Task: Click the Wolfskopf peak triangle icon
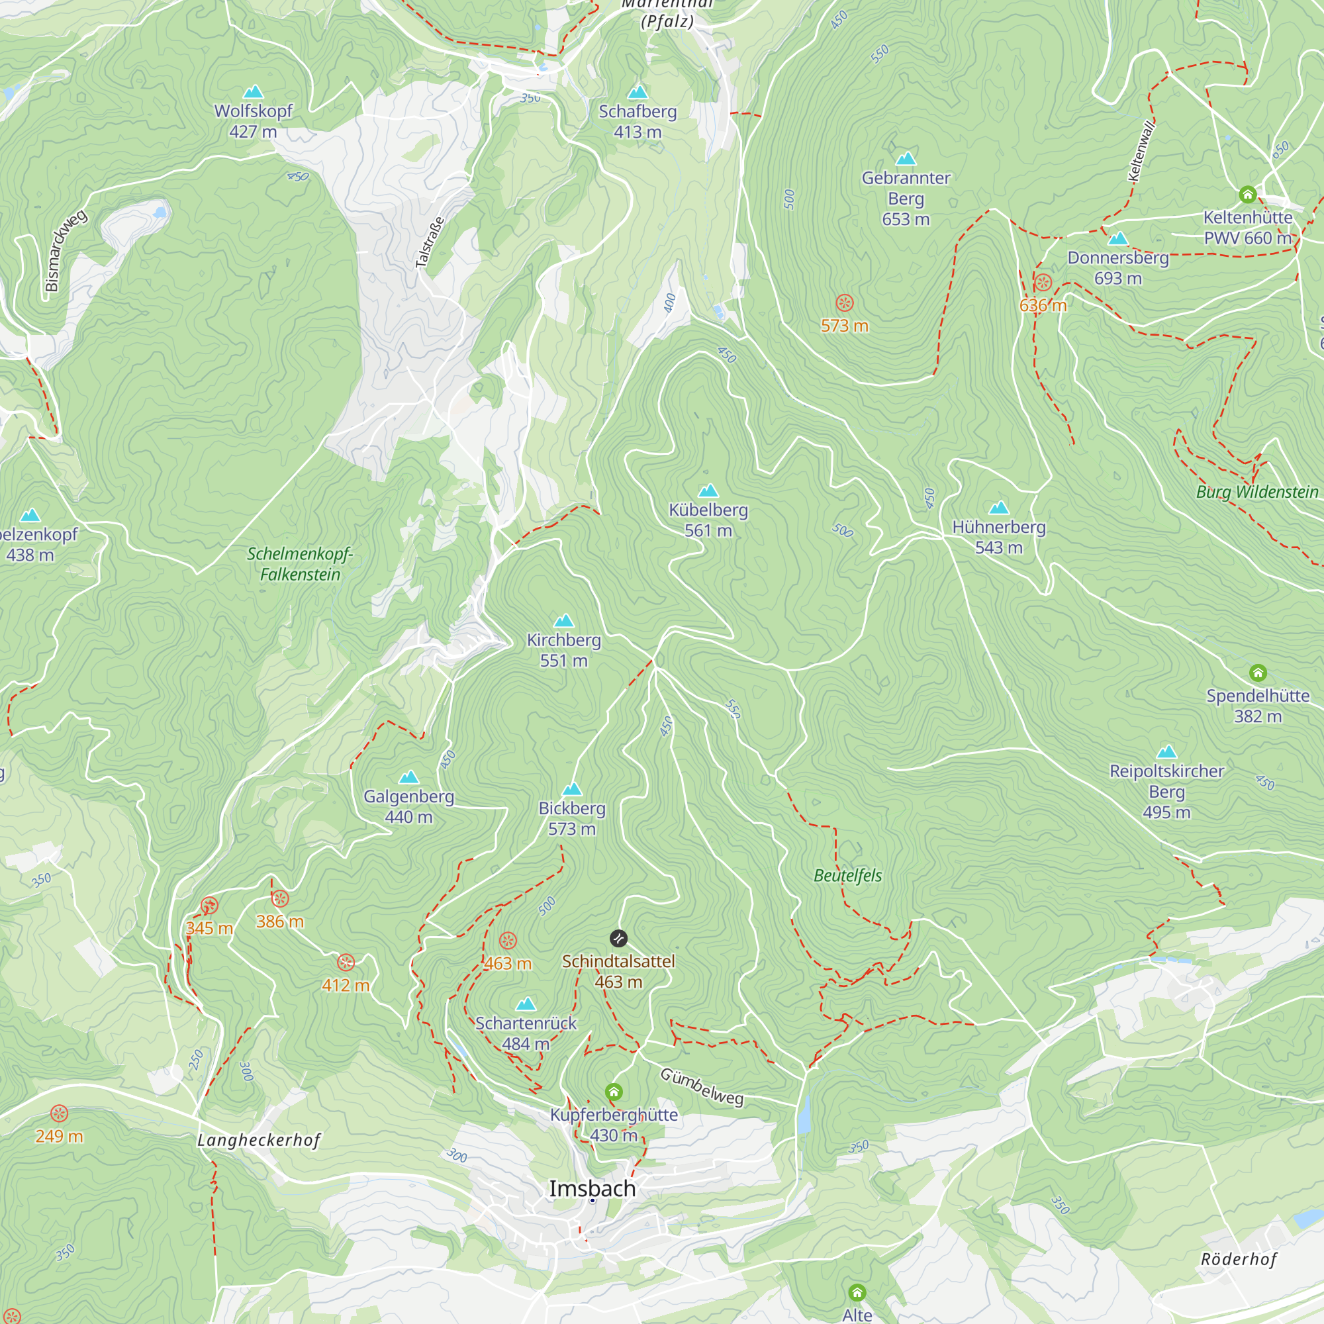click(254, 92)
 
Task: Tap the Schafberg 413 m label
click(638, 121)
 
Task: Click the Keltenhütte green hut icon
click(1247, 195)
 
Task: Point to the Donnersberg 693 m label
click(1117, 268)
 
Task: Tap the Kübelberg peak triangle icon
click(708, 491)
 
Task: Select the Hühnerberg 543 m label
click(998, 537)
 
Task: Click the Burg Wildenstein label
click(1257, 492)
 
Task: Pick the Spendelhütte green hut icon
click(1258, 673)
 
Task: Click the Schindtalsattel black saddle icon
click(618, 938)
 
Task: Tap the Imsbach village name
click(592, 1189)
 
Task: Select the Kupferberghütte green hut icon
click(614, 1092)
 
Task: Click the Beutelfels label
click(848, 875)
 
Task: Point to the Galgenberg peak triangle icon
click(408, 777)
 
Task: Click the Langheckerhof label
click(258, 1141)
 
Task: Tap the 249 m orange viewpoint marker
click(60, 1113)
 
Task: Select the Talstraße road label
click(430, 242)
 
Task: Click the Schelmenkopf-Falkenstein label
click(299, 563)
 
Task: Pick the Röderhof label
click(1239, 1259)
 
